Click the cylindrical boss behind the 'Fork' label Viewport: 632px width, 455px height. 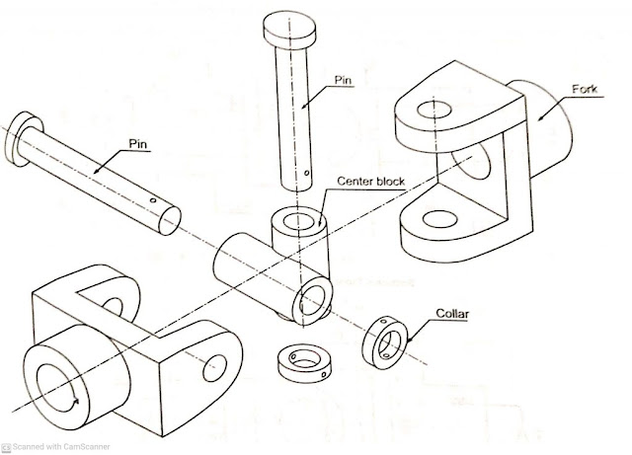[553, 133]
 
